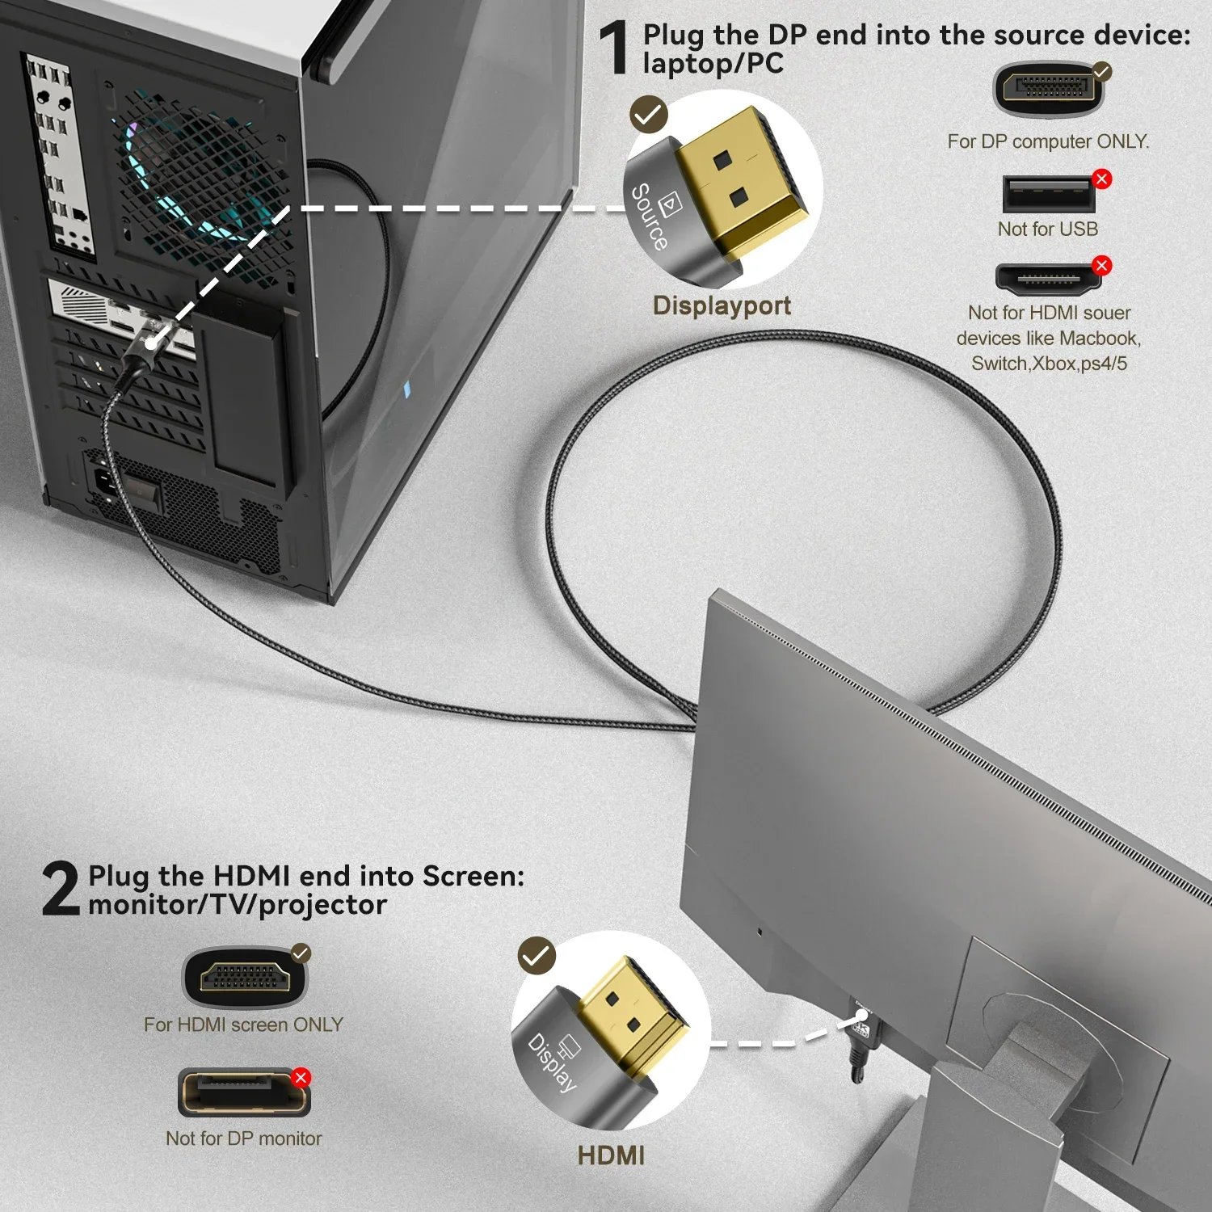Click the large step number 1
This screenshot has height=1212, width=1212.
point(614,48)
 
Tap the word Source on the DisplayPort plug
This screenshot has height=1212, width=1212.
point(650,217)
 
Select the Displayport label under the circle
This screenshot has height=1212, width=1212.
point(722,305)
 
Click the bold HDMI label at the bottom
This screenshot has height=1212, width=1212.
point(611,1155)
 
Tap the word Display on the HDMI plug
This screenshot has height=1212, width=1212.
point(553,1063)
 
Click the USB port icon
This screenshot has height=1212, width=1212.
point(1048,195)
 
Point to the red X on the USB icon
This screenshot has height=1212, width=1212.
point(1101,179)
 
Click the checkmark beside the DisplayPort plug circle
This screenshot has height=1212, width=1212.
point(649,115)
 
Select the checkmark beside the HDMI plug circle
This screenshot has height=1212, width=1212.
point(537,956)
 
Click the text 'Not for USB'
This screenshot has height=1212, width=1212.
point(1047,229)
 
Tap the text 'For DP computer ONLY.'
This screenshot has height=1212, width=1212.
point(1048,141)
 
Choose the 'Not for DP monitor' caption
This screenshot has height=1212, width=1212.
point(243,1138)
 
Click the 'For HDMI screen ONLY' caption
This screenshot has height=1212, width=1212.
point(243,1025)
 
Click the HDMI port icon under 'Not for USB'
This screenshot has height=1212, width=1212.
point(1048,279)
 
